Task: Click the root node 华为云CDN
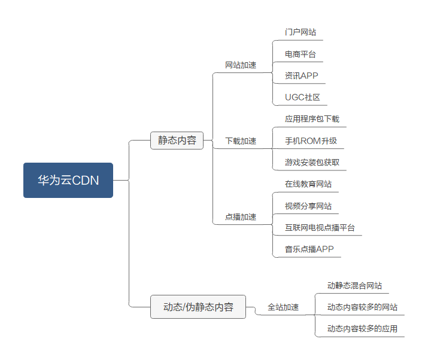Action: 68,180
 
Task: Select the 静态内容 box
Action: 177,141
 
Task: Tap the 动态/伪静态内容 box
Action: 198,307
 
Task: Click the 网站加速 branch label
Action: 241,65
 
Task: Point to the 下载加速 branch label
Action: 241,141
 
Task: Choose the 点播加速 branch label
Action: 241,217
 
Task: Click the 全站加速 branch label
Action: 283,307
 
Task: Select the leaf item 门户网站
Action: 300,32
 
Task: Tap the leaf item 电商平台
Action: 300,54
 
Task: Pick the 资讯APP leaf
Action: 302,76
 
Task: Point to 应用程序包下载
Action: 312,119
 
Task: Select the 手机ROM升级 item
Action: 311,141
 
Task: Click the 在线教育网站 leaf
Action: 308,184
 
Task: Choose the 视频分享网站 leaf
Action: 308,206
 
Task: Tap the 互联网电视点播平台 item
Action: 320,228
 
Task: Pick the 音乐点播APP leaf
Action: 309,249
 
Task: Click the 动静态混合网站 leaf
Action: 354,286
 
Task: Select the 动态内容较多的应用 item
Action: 362,329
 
